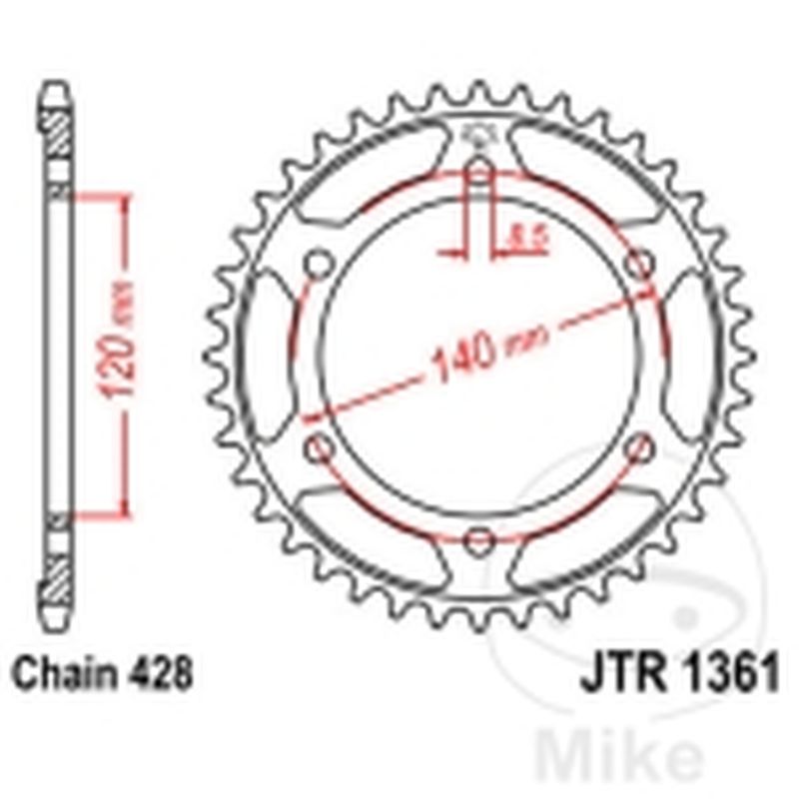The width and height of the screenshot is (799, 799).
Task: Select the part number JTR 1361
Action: click(x=678, y=674)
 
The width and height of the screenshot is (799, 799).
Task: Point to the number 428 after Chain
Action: click(x=160, y=674)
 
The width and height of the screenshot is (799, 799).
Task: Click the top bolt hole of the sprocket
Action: click(x=480, y=173)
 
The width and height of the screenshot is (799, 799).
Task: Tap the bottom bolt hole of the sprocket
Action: click(x=480, y=540)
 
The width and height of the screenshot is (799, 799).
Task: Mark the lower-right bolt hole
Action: click(x=640, y=448)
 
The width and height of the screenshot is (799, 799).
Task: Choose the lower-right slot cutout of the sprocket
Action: click(x=589, y=539)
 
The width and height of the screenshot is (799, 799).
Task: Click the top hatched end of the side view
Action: click(x=58, y=130)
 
